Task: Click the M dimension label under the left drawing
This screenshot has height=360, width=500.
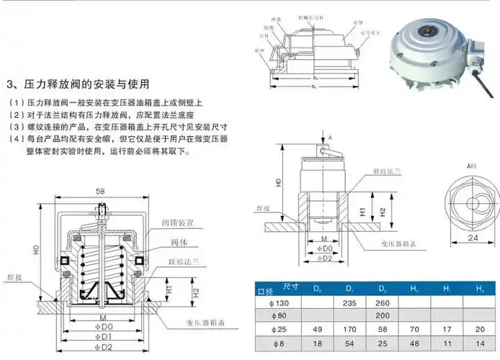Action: (104, 317)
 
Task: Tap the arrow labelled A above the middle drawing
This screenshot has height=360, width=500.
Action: (329, 136)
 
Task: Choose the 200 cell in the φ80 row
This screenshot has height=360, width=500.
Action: (382, 316)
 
